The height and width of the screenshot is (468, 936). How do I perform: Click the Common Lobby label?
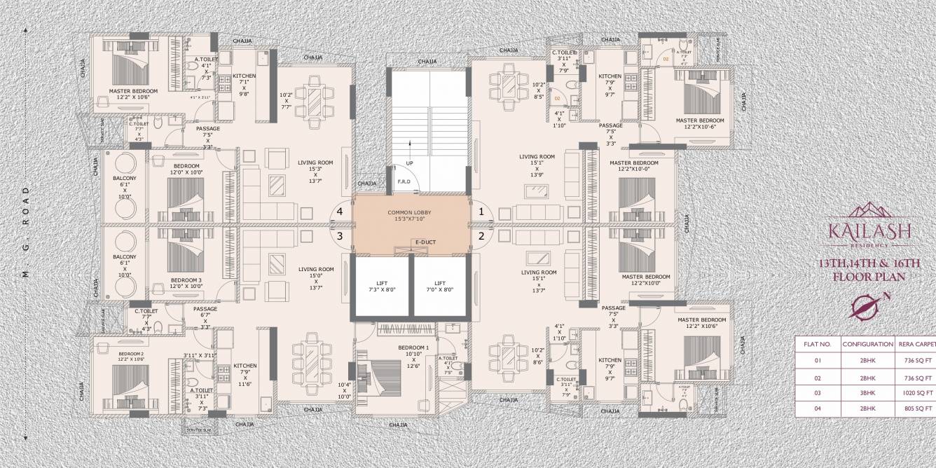point(411,215)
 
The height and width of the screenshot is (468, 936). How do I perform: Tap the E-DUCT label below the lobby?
point(425,242)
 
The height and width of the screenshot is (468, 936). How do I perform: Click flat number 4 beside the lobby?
point(340,211)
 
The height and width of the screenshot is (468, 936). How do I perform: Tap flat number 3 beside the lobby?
point(340,236)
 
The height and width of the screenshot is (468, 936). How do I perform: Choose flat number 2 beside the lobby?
point(481,236)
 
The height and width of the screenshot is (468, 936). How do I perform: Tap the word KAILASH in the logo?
point(879,230)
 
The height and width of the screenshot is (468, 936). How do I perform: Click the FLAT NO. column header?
point(817,345)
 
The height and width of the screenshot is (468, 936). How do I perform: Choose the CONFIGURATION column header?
point(867,345)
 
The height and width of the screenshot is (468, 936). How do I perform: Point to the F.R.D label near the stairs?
point(404,181)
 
